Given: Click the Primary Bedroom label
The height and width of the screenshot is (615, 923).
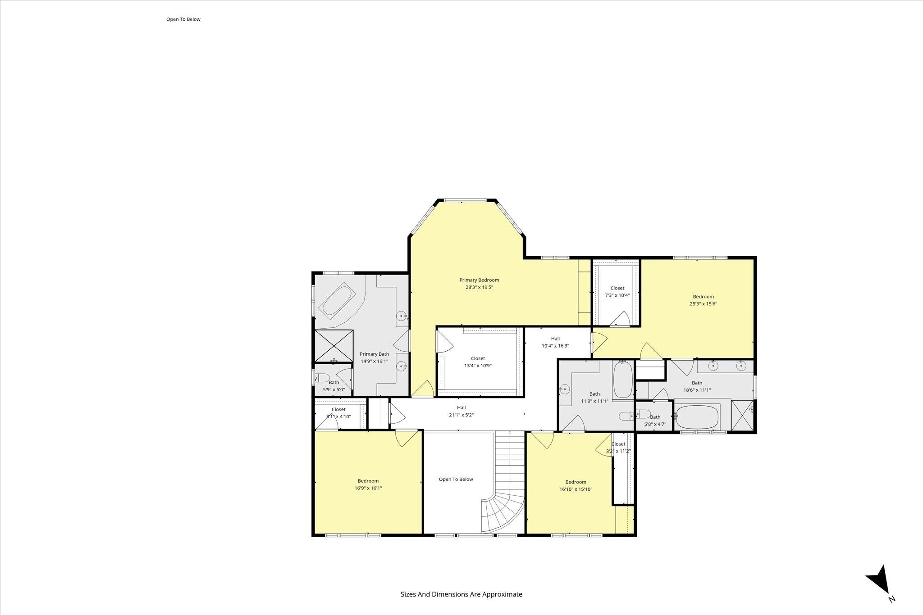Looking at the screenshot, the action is click(x=479, y=280).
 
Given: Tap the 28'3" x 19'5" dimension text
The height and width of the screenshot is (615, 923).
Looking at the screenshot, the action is click(x=479, y=287).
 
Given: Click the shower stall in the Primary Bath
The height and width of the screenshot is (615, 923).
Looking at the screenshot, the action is click(x=334, y=345).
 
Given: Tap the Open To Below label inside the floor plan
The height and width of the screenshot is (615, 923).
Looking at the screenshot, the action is click(x=456, y=479).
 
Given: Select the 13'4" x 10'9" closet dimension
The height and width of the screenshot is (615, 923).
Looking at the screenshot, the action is click(x=478, y=366).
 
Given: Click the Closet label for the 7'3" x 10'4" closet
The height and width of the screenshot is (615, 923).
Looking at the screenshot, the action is click(x=617, y=288).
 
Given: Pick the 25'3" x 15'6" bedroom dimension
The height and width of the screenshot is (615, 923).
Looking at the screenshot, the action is click(x=704, y=304).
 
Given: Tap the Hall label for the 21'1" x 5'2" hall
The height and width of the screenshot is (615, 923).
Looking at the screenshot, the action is click(x=461, y=407).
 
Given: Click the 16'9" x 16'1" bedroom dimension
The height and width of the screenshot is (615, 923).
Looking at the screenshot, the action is click(x=368, y=488).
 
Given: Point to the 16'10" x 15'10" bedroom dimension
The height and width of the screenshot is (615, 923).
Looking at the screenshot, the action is click(x=576, y=489).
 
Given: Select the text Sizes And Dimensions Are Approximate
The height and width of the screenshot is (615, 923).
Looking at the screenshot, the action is click(x=461, y=594).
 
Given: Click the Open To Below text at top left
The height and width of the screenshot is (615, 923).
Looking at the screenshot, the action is click(x=183, y=19).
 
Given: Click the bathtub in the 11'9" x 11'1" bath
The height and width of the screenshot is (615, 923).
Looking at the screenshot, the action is click(x=623, y=380).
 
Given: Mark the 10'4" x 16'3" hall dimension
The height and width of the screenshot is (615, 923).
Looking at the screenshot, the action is click(x=555, y=346).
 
